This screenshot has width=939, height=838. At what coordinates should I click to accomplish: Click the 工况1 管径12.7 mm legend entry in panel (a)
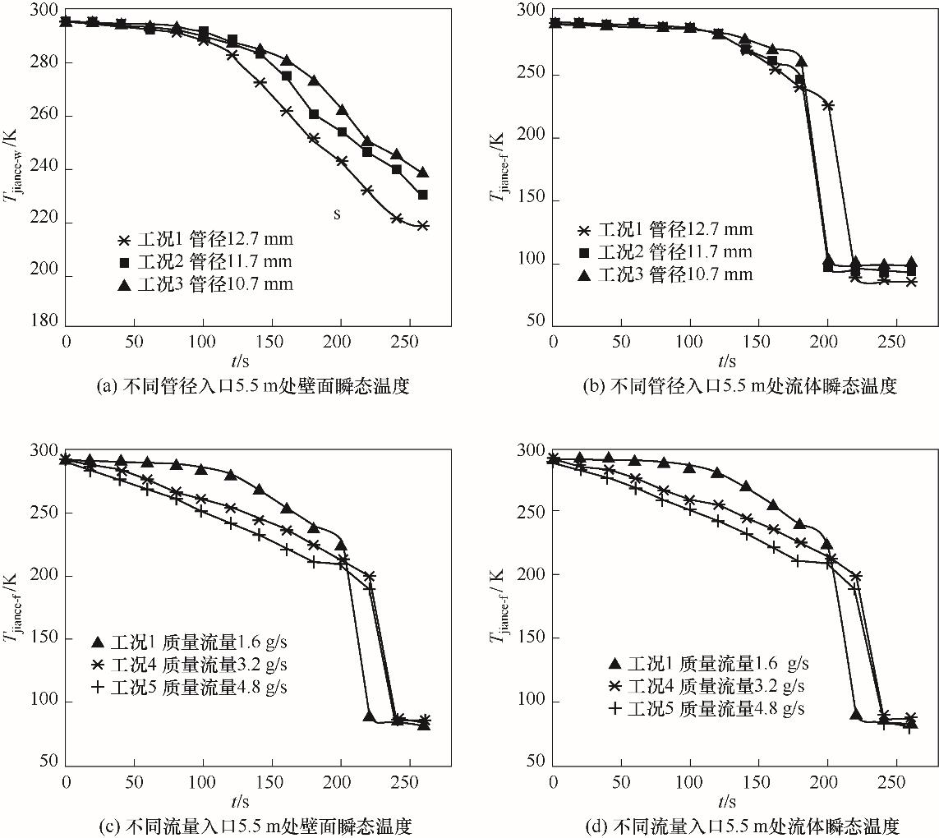[x=205, y=241]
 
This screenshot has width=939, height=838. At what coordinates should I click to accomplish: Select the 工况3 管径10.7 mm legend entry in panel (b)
[x=666, y=274]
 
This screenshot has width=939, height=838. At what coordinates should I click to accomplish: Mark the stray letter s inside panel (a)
[x=337, y=214]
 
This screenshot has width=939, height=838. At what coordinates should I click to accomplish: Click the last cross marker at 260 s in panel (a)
[x=422, y=225]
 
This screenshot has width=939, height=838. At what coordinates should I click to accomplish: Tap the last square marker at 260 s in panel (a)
[x=422, y=195]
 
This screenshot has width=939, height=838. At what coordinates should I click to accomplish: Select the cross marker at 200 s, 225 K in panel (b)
[x=827, y=105]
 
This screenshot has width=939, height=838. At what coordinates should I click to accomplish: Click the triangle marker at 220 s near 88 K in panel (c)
[x=369, y=716]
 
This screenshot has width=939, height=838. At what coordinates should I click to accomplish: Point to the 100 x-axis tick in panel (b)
[x=690, y=340]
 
